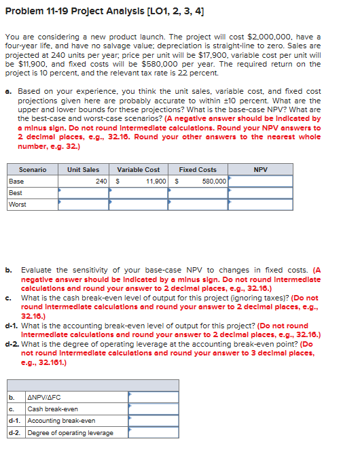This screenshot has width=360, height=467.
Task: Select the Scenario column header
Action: pyautogui.click(x=33, y=169)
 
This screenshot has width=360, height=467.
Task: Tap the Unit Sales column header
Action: pyautogui.click(x=83, y=169)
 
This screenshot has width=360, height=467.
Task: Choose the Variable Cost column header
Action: pyautogui.click(x=139, y=169)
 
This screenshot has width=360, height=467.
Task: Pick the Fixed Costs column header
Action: pyautogui.click(x=198, y=169)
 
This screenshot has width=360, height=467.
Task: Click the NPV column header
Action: pyautogui.click(x=260, y=169)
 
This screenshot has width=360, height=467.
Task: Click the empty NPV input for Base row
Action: pyautogui.click(x=260, y=181)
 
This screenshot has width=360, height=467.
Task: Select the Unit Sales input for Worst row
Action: pyautogui.click(x=83, y=204)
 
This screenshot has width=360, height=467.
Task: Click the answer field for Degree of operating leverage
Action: pyautogui.click(x=147, y=432)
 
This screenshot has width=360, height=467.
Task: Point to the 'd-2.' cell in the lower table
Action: pyautogui.click(x=15, y=432)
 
